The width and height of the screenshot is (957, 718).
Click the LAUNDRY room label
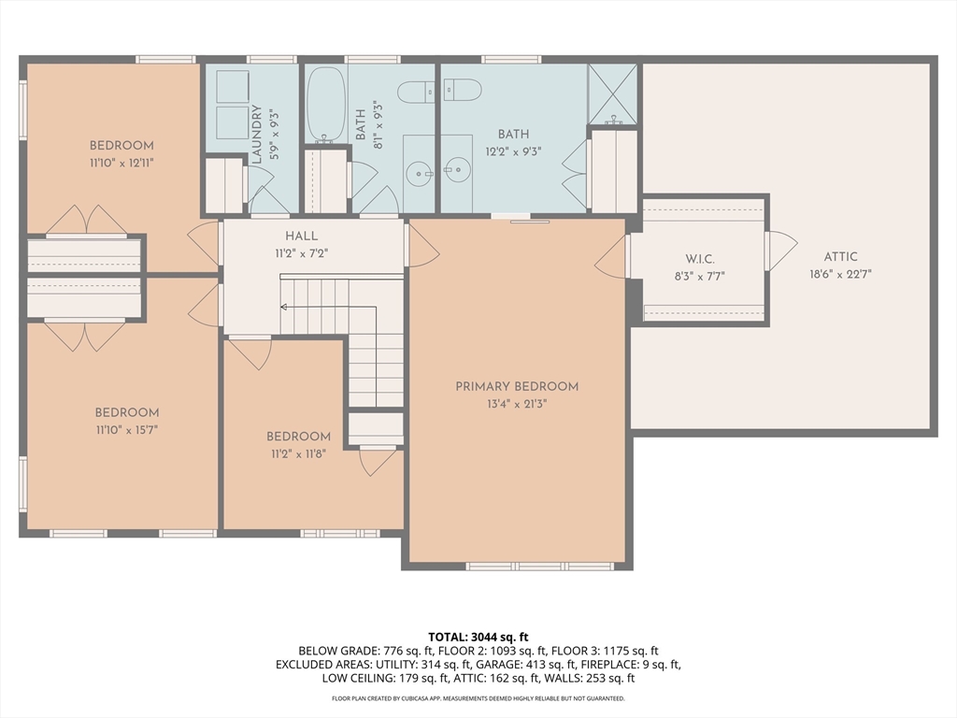[x=256, y=135]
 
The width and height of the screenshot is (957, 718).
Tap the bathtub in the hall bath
[x=325, y=104]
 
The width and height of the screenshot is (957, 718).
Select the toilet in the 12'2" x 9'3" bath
[x=462, y=90]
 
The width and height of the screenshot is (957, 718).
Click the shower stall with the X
[x=612, y=94]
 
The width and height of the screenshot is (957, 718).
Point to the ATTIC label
[x=840, y=257]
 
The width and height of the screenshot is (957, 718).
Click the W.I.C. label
[x=699, y=260]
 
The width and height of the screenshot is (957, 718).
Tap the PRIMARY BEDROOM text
[x=517, y=386]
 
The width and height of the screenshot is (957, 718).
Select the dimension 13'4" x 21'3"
[x=517, y=404]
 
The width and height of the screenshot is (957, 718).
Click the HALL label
[x=302, y=236]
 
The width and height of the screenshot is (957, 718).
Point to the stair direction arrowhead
[x=284, y=307]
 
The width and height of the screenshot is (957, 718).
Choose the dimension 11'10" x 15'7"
[x=127, y=430]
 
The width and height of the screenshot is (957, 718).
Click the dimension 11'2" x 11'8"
[x=298, y=453]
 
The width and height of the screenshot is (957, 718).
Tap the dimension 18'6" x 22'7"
[x=840, y=274]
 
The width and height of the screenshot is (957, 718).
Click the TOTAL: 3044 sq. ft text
[x=478, y=638]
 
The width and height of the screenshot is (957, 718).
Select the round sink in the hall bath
[x=420, y=174]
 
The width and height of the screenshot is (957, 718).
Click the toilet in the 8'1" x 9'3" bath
[x=416, y=93]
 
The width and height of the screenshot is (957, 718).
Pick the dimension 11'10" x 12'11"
[x=121, y=163]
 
